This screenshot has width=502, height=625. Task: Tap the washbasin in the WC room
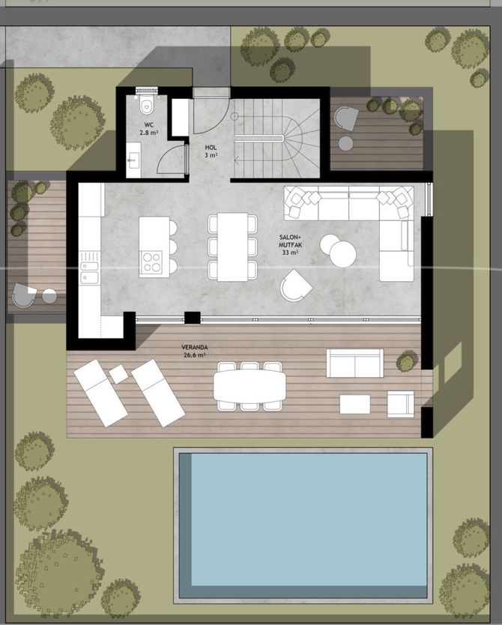tap(133, 160)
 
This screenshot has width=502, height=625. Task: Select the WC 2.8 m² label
tap(148, 129)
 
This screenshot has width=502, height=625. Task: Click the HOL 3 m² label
tap(211, 151)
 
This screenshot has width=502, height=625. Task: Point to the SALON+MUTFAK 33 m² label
tap(290, 245)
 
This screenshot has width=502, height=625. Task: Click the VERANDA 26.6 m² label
tap(194, 351)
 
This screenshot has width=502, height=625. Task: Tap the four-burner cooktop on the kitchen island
tap(151, 262)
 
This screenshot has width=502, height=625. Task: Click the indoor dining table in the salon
tap(233, 247)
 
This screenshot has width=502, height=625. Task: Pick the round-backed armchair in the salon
tap(295, 285)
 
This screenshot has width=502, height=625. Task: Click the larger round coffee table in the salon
tap(342, 254)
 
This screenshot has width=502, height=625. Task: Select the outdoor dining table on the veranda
tap(250, 386)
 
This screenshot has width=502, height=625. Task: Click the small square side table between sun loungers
tap(118, 374)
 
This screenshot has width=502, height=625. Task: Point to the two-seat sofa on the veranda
tap(355, 363)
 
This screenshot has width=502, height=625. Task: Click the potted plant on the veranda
tap(407, 361)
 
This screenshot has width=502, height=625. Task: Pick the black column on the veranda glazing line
tap(192, 317)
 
